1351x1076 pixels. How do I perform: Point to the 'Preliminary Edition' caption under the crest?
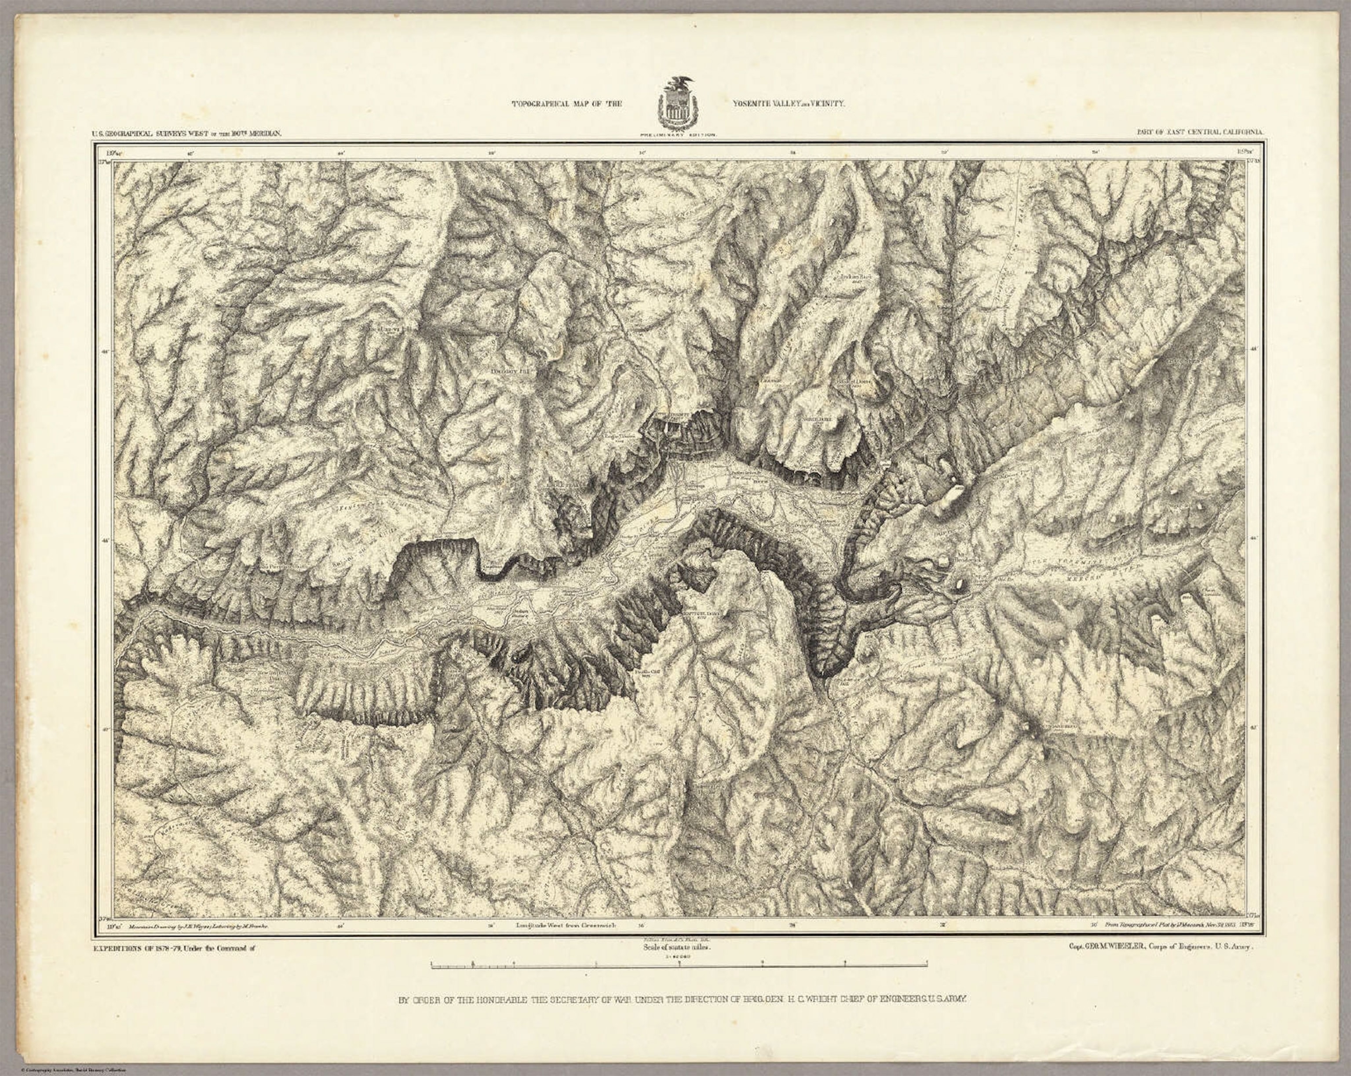[x=676, y=135]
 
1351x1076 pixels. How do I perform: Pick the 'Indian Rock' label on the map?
[x=770, y=380]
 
